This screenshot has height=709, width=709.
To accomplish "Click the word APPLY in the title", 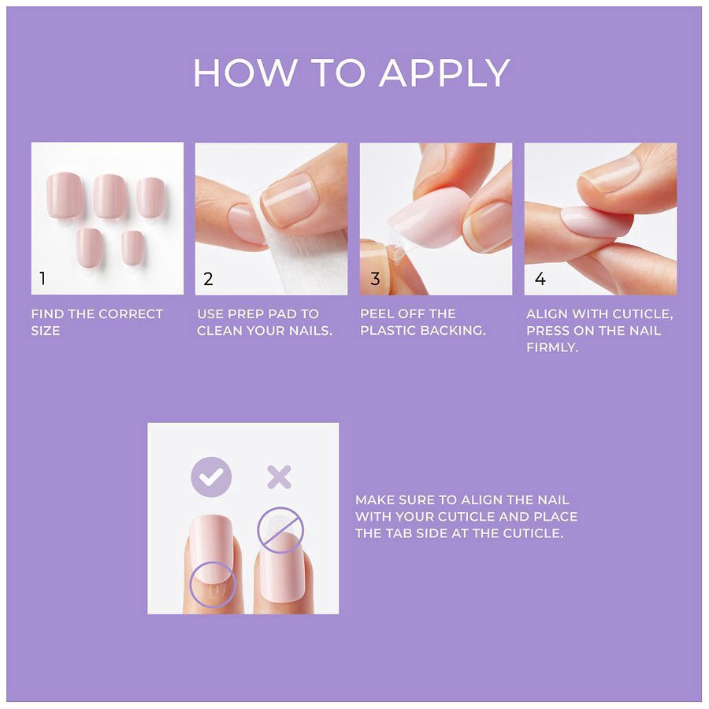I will tap(444, 74).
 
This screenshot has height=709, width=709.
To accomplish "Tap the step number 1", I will tap(43, 279).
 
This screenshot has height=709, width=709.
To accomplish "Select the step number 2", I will tap(208, 279).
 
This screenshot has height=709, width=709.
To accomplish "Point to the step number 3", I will tap(375, 279).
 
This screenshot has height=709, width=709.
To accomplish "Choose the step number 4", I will tap(540, 279).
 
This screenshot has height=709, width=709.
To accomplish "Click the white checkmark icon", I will tap(211, 477).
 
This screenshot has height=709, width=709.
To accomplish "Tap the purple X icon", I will tap(278, 477).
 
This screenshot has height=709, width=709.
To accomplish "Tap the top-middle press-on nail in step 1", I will tap(110, 195).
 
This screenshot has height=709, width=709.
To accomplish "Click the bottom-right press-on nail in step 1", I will tap(132, 247).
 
